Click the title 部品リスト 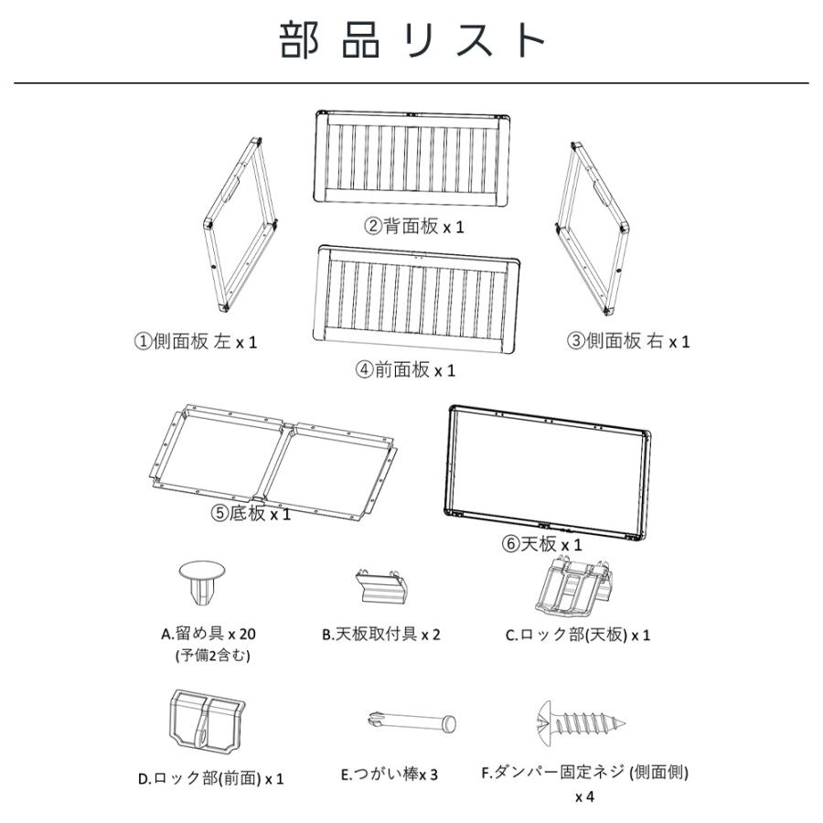coord(412,40)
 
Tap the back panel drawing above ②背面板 coord(412,157)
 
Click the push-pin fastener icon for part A coord(202,582)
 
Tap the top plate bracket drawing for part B coord(380,586)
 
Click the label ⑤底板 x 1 coord(251,514)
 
